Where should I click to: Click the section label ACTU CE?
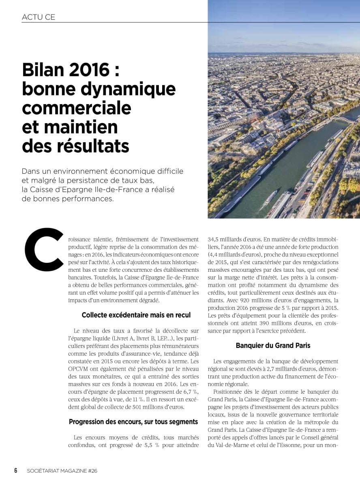tap(39, 17)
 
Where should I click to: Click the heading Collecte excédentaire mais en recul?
tap(136, 315)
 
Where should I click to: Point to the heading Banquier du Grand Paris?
tap(273, 345)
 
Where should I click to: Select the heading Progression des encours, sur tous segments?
tap(133, 422)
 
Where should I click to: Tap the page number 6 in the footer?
tap(16, 471)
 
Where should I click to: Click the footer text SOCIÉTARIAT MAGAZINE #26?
tap(62, 471)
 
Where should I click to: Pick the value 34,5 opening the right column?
tap(215, 239)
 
